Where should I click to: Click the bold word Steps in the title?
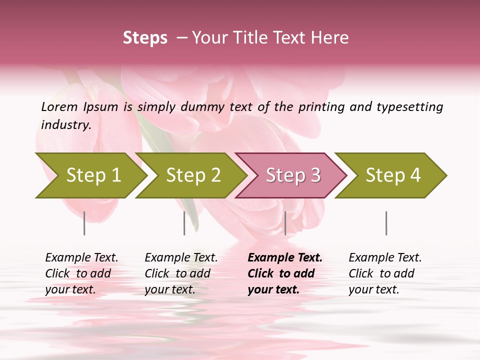[x=145, y=38]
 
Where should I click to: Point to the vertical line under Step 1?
[x=84, y=223]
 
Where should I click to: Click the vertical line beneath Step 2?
[x=184, y=223]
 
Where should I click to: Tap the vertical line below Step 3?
[x=285, y=223]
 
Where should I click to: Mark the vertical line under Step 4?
[x=386, y=223]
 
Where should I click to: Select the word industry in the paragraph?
[x=65, y=125]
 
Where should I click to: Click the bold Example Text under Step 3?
[x=285, y=257]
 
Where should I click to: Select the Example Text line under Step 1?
[x=81, y=257]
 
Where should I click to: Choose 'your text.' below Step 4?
[x=373, y=289]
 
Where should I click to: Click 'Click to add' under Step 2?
[x=177, y=273]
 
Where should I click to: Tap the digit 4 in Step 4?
[x=414, y=175]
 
